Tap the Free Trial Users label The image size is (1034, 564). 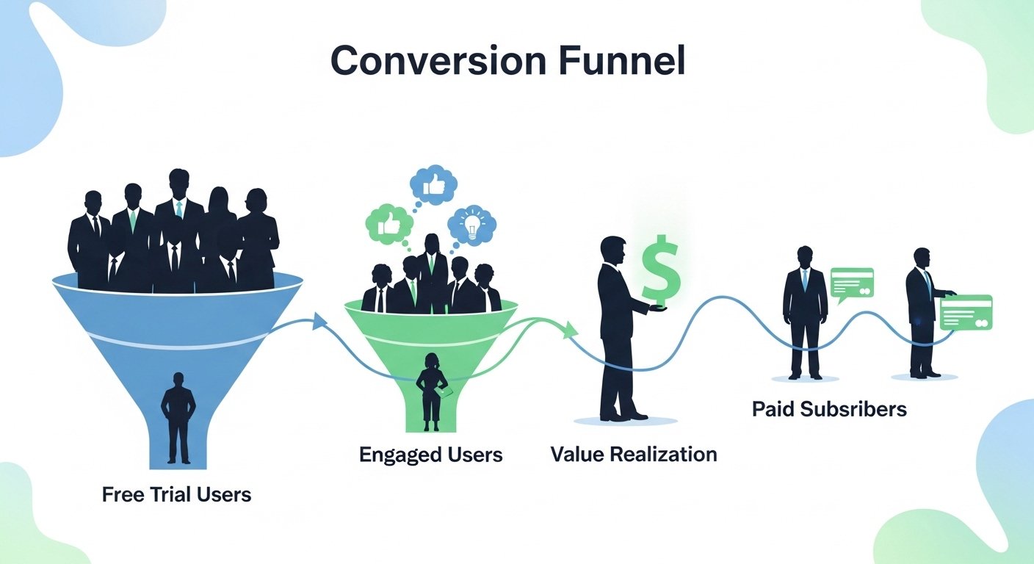[x=176, y=494]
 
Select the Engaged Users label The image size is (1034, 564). [x=430, y=455]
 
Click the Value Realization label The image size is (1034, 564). [x=633, y=454]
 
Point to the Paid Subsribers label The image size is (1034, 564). [x=829, y=409]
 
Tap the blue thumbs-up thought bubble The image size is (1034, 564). [x=433, y=187]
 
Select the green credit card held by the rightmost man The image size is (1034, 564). [x=966, y=313]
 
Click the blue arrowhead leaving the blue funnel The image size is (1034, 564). [x=319, y=321]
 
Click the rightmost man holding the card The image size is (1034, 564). [x=924, y=312]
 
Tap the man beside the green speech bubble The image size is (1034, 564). [x=805, y=312]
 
